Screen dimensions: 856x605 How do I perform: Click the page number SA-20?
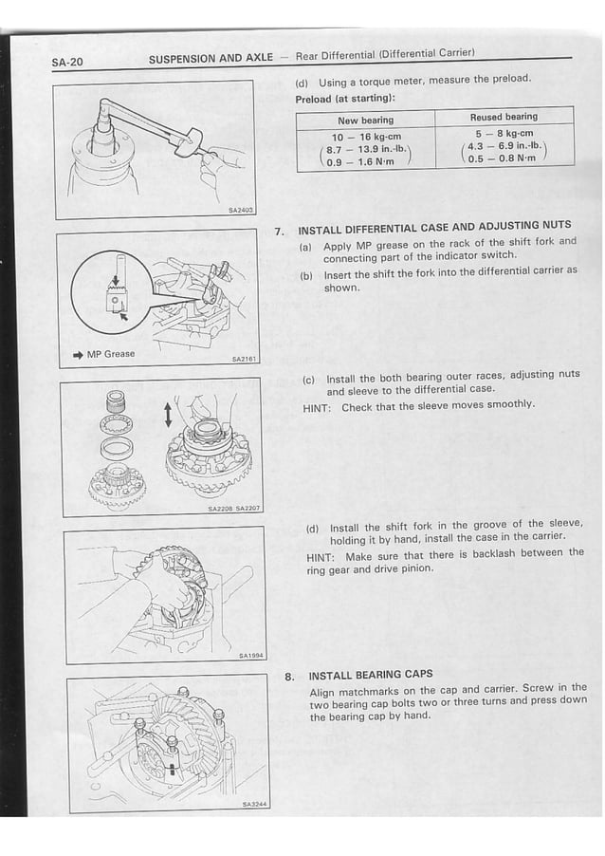[67, 63]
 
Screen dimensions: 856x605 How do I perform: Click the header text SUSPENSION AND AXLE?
[211, 59]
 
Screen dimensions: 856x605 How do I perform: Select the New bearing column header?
[365, 121]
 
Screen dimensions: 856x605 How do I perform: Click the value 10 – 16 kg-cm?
[366, 137]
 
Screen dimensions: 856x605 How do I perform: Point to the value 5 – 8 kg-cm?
[504, 134]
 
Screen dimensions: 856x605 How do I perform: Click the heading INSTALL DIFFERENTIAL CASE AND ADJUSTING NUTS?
[434, 226]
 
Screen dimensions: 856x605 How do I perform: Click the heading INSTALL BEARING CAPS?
[371, 675]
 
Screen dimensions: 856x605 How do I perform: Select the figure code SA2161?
[244, 360]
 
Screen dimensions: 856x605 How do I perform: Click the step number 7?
[279, 231]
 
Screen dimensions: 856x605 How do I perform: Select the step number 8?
[288, 677]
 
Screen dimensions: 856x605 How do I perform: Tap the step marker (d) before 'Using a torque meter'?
[301, 83]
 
